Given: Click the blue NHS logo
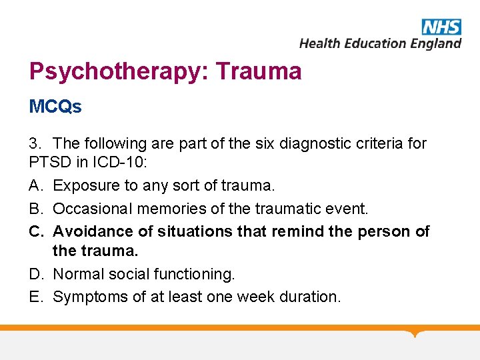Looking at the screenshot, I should coord(441,27).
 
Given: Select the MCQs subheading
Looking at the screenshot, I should coord(55,107).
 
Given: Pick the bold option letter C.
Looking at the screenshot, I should coord(36,231).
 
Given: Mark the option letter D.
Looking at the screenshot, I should coord(36,274).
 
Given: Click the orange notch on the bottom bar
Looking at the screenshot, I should coord(417,333).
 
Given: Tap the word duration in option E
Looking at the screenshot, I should coord(312,297).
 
